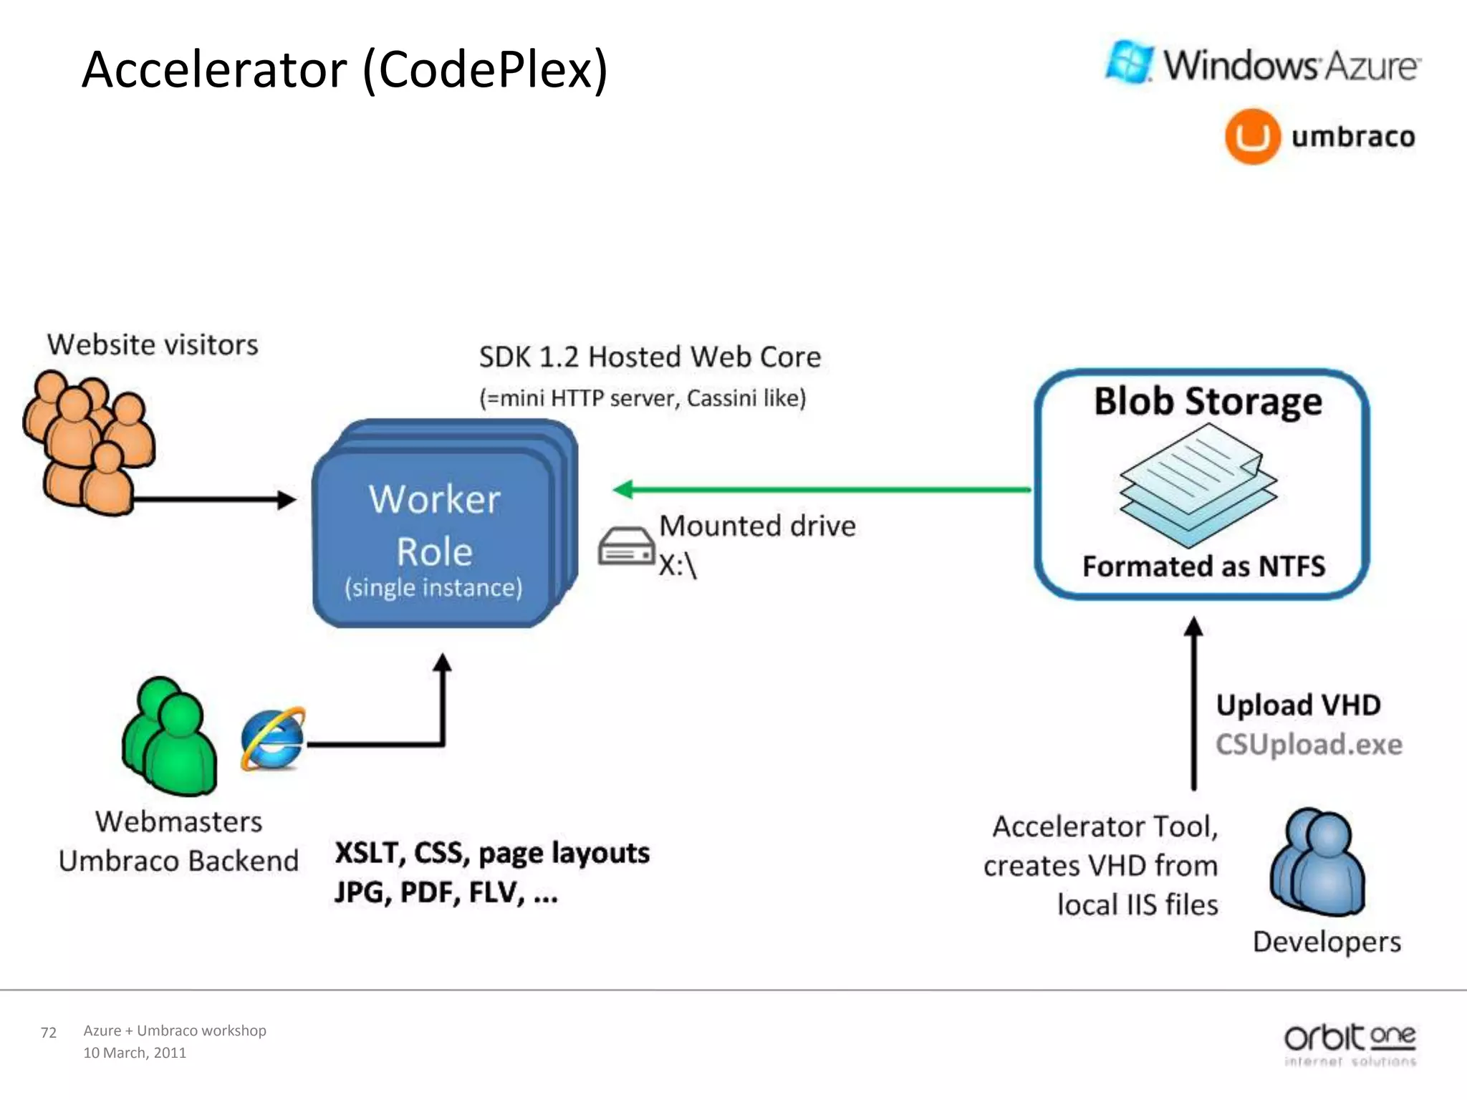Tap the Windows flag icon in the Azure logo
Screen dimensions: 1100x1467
(1130, 62)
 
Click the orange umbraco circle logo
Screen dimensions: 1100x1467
(1252, 136)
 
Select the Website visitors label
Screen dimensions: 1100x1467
(153, 344)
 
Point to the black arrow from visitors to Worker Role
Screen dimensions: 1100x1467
(215, 500)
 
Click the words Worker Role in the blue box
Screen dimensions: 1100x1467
(434, 525)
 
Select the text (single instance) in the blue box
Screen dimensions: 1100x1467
(433, 587)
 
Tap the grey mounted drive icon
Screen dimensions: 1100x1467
(626, 546)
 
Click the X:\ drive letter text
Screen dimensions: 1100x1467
(678, 566)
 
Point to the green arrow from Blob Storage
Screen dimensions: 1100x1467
(824, 490)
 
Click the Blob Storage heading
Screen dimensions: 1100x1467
(1208, 401)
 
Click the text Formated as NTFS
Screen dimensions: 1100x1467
(1203, 566)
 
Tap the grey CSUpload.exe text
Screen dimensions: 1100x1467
(1309, 744)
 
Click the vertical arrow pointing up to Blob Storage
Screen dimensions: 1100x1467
(1193, 705)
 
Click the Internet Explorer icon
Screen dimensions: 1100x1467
(272, 739)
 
